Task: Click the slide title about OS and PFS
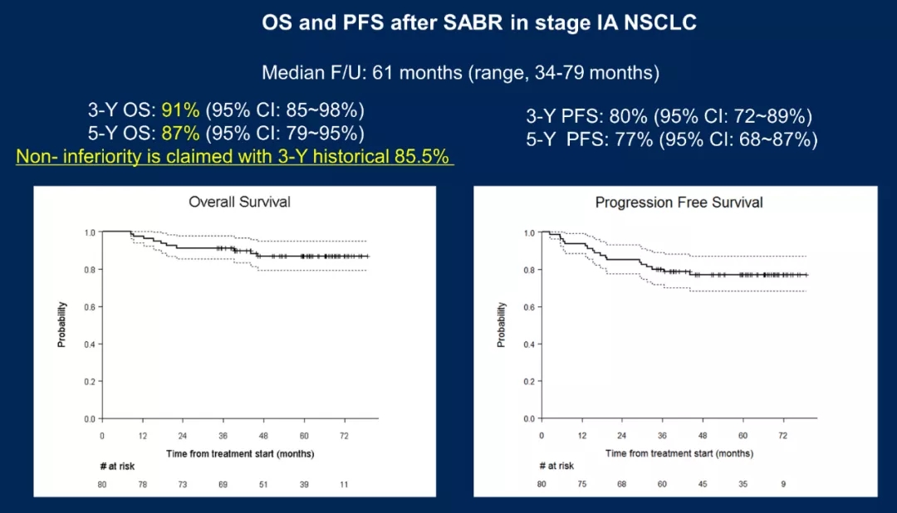click(479, 23)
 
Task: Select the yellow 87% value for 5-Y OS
click(180, 134)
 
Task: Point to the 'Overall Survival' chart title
click(239, 202)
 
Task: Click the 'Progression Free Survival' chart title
click(679, 203)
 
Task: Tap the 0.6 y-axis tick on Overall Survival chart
click(90, 307)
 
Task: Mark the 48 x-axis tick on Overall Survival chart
click(263, 436)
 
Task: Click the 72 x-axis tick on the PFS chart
click(782, 436)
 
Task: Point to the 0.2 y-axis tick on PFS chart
click(528, 382)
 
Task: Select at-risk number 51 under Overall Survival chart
click(263, 484)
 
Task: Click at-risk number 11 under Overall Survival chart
click(344, 484)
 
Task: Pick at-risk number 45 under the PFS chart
click(702, 484)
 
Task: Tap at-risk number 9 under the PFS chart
click(782, 484)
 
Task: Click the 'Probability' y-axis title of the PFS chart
click(502, 324)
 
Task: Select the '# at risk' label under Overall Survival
click(115, 466)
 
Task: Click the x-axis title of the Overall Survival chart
click(239, 453)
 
